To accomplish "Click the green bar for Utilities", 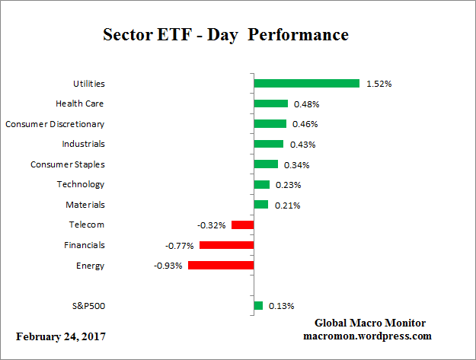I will click(x=306, y=83).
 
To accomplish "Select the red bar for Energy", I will click(x=221, y=266).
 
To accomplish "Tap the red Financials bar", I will click(x=226, y=245).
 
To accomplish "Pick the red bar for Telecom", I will click(x=242, y=225).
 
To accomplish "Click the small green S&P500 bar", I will click(x=258, y=306).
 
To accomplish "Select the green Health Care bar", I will click(x=270, y=104).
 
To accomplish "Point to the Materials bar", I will click(x=260, y=205).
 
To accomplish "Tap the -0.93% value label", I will click(x=168, y=266).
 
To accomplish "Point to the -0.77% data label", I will click(x=180, y=246).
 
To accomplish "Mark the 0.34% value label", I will click(x=297, y=164).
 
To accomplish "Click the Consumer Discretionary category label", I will click(x=55, y=123).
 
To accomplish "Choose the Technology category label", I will click(x=81, y=184).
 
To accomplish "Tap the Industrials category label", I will click(x=83, y=144).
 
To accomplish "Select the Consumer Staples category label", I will click(x=67, y=164).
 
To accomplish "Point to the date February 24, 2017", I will click(x=61, y=336).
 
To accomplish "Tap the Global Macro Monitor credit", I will click(x=370, y=323).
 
